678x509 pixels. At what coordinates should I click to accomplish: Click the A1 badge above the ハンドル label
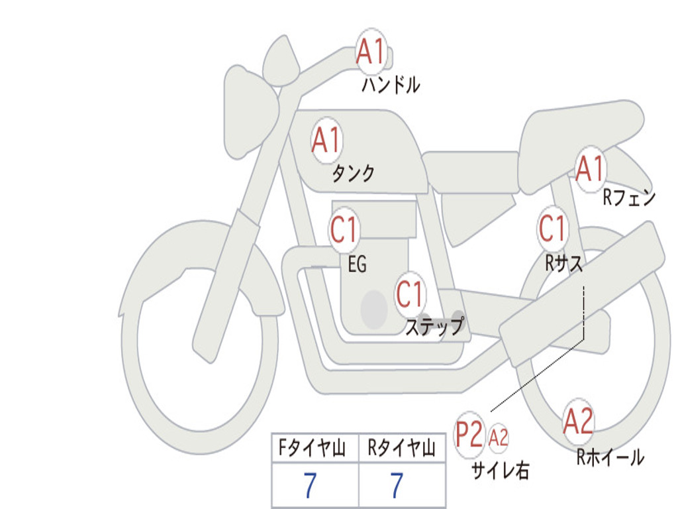point(371,52)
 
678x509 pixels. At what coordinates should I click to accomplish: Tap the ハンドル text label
point(391,85)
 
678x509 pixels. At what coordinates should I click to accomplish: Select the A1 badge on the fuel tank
point(326,141)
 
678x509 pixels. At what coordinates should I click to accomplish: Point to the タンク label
point(353,174)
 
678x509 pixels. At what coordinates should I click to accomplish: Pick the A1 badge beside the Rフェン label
point(590,169)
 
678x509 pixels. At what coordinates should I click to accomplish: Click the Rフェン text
point(628,198)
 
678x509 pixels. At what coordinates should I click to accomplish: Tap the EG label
point(357,265)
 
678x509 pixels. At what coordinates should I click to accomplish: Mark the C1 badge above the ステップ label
point(410,293)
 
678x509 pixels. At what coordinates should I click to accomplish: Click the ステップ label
point(434,327)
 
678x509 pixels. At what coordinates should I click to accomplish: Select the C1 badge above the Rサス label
point(552,229)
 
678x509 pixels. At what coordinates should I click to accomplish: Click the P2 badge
point(469,435)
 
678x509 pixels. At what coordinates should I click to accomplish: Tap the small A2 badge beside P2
point(499,437)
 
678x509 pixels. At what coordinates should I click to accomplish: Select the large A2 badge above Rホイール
point(578,422)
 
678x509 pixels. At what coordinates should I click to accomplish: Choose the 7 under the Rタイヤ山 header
point(397,486)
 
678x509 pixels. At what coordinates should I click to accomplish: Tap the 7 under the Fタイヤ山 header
point(310,486)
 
